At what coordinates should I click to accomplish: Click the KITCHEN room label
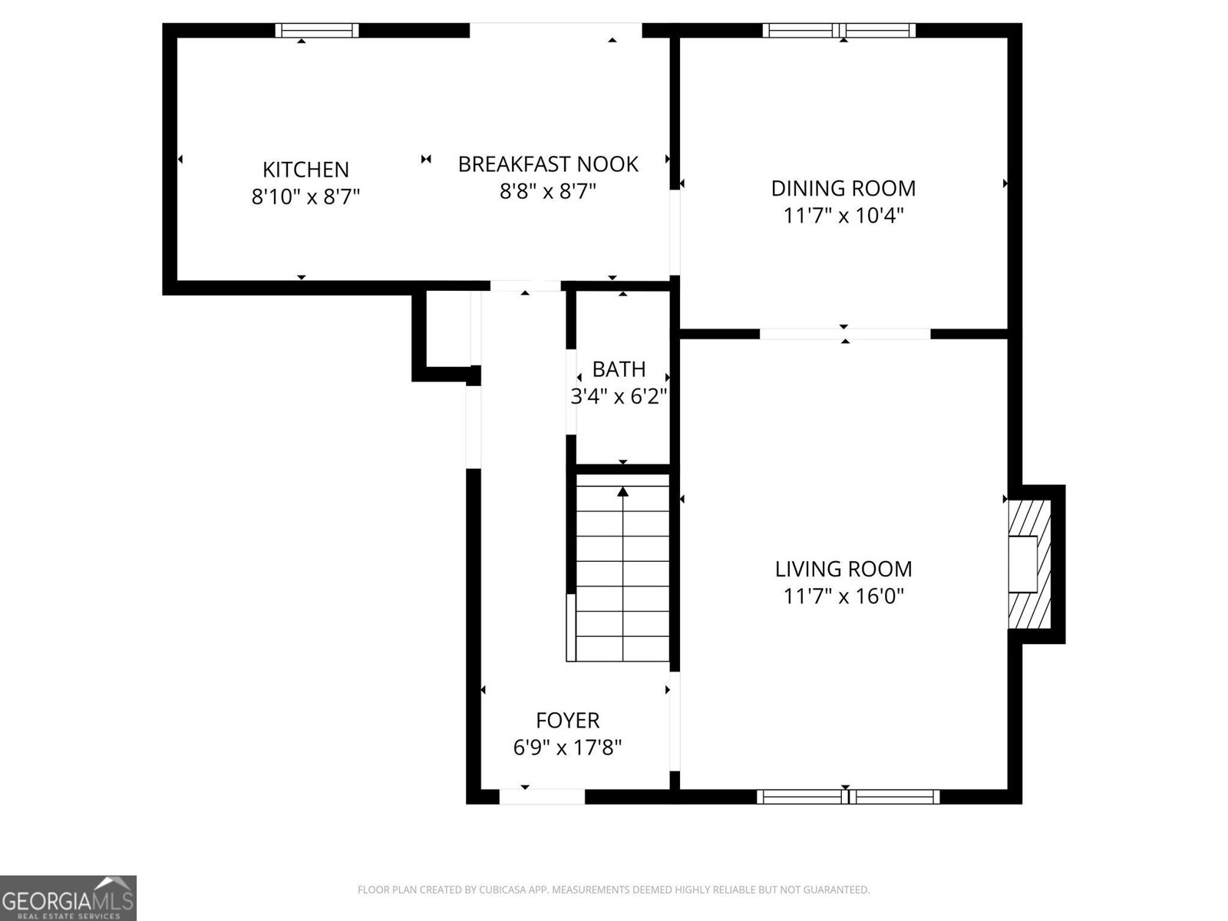pyautogui.click(x=305, y=170)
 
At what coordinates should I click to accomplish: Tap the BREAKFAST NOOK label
pyautogui.click(x=548, y=164)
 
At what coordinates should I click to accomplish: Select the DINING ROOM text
pyautogui.click(x=843, y=188)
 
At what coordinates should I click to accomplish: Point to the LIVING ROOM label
pyautogui.click(x=843, y=569)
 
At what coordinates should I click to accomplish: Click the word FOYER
pyautogui.click(x=567, y=721)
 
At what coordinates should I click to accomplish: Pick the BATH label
pyautogui.click(x=619, y=370)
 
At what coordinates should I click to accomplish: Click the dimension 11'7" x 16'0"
pyautogui.click(x=843, y=596)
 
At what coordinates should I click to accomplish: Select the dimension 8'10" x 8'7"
pyautogui.click(x=305, y=197)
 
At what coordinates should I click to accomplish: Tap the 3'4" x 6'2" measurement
pyautogui.click(x=619, y=397)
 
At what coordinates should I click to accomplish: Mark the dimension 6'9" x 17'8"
pyautogui.click(x=567, y=747)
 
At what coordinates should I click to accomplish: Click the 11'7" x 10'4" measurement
pyautogui.click(x=843, y=215)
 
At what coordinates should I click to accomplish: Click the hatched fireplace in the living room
pyautogui.click(x=1029, y=564)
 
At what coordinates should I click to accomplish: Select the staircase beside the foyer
pyautogui.click(x=622, y=568)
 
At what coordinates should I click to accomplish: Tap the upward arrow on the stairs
pyautogui.click(x=622, y=493)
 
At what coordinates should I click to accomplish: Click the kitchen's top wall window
pyautogui.click(x=317, y=31)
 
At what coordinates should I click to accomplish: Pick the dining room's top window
pyautogui.click(x=839, y=31)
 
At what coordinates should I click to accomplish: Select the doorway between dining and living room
pyautogui.click(x=844, y=333)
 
